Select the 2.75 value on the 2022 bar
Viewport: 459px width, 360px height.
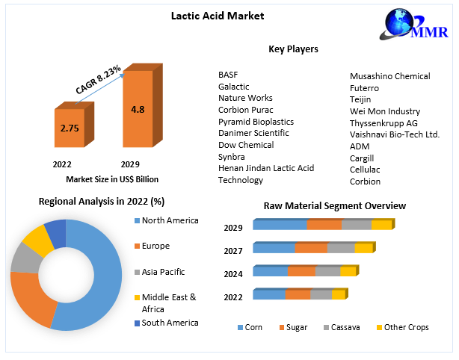(x=69, y=128)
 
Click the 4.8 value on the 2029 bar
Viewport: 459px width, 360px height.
(x=138, y=109)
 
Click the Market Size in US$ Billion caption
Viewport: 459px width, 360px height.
(x=111, y=179)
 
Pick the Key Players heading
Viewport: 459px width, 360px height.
(x=293, y=49)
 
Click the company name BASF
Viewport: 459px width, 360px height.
(x=227, y=75)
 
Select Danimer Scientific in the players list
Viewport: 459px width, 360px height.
(x=253, y=133)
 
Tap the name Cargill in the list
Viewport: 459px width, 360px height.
(x=361, y=158)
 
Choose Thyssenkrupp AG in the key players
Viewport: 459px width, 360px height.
(x=383, y=123)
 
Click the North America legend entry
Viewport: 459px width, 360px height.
(x=170, y=220)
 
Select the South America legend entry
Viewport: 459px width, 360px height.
(x=170, y=323)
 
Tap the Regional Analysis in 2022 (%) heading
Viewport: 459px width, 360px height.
(x=102, y=201)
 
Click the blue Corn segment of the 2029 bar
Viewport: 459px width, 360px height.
(x=280, y=225)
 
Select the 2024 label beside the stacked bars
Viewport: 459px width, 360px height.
(x=233, y=274)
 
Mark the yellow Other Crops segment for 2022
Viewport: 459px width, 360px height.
(x=338, y=295)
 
